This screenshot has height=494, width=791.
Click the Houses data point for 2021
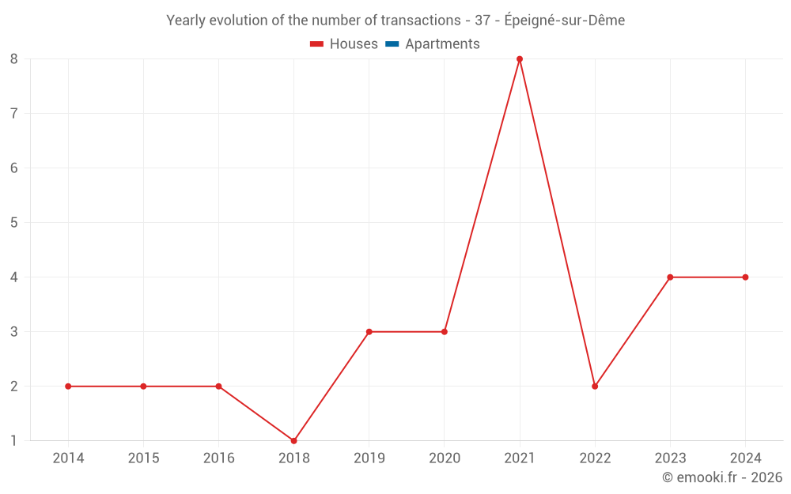pos(520,59)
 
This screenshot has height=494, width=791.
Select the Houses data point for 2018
pos(293,440)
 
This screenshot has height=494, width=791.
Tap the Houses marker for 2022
pos(595,387)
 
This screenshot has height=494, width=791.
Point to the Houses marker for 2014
pos(68,387)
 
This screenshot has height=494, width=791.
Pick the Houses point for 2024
pos(745,277)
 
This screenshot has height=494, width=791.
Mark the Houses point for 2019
pos(369,332)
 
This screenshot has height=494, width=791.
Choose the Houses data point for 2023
pos(670,277)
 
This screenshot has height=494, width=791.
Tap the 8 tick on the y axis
pos(14,59)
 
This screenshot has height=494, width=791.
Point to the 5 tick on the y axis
pos(14,223)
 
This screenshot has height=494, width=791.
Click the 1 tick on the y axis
pos(14,441)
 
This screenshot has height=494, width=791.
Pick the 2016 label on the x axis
pos(218,458)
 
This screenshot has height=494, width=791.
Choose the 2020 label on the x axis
pos(445,458)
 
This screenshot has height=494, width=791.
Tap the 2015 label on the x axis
pos(143,458)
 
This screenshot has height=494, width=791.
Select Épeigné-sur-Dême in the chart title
pos(564,21)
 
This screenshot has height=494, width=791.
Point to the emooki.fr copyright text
pos(722,477)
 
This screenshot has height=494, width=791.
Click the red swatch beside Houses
pos(317,44)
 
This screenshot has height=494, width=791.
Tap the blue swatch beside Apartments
pos(392,44)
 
